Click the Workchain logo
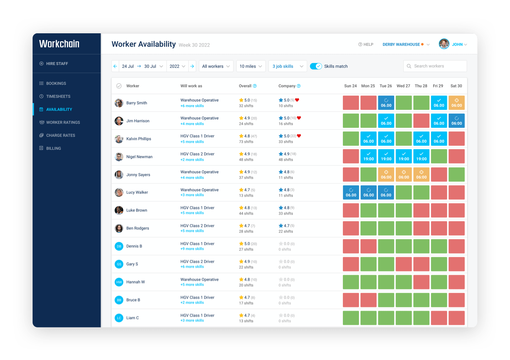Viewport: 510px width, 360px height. [59, 44]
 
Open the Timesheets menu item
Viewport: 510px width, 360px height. [58, 96]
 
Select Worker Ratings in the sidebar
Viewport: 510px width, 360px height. [63, 122]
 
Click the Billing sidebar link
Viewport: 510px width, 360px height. [53, 148]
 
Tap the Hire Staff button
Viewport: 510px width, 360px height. [57, 63]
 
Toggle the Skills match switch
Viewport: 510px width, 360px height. [316, 66]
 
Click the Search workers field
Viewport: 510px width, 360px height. [435, 66]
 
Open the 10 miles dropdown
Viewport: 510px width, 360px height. [251, 66]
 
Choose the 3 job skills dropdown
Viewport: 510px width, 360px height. [288, 66]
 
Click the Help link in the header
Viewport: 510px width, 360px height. [366, 44]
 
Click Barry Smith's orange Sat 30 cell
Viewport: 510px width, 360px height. [457, 103]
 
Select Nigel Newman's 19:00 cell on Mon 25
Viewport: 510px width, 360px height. [368, 157]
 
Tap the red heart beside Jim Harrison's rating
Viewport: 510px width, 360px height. [299, 118]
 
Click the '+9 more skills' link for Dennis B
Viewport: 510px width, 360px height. [192, 249]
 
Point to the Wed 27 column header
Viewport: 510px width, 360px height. [403, 86]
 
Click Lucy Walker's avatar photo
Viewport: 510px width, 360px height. [119, 192]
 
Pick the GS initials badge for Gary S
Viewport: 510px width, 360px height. [119, 264]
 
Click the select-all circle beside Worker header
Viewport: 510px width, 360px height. [119, 86]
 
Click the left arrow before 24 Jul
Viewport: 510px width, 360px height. [115, 66]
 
